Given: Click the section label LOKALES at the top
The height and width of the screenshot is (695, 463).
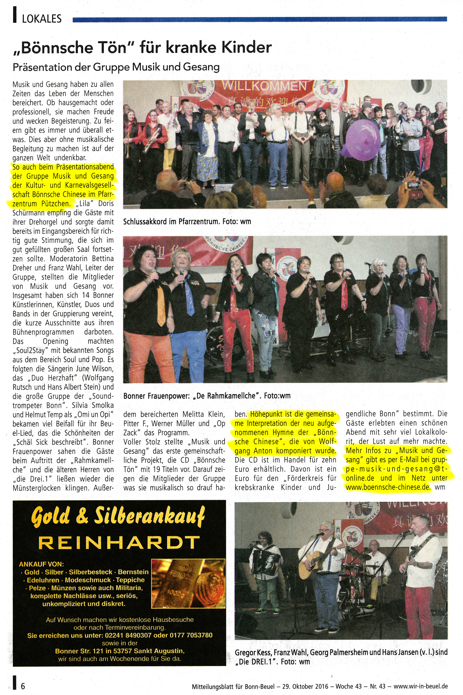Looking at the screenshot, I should (42, 19).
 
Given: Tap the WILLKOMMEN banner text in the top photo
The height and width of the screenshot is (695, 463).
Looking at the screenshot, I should (264, 86).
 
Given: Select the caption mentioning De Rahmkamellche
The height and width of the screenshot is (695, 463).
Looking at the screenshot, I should (207, 396).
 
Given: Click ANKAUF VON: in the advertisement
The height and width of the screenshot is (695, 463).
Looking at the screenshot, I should (41, 564).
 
